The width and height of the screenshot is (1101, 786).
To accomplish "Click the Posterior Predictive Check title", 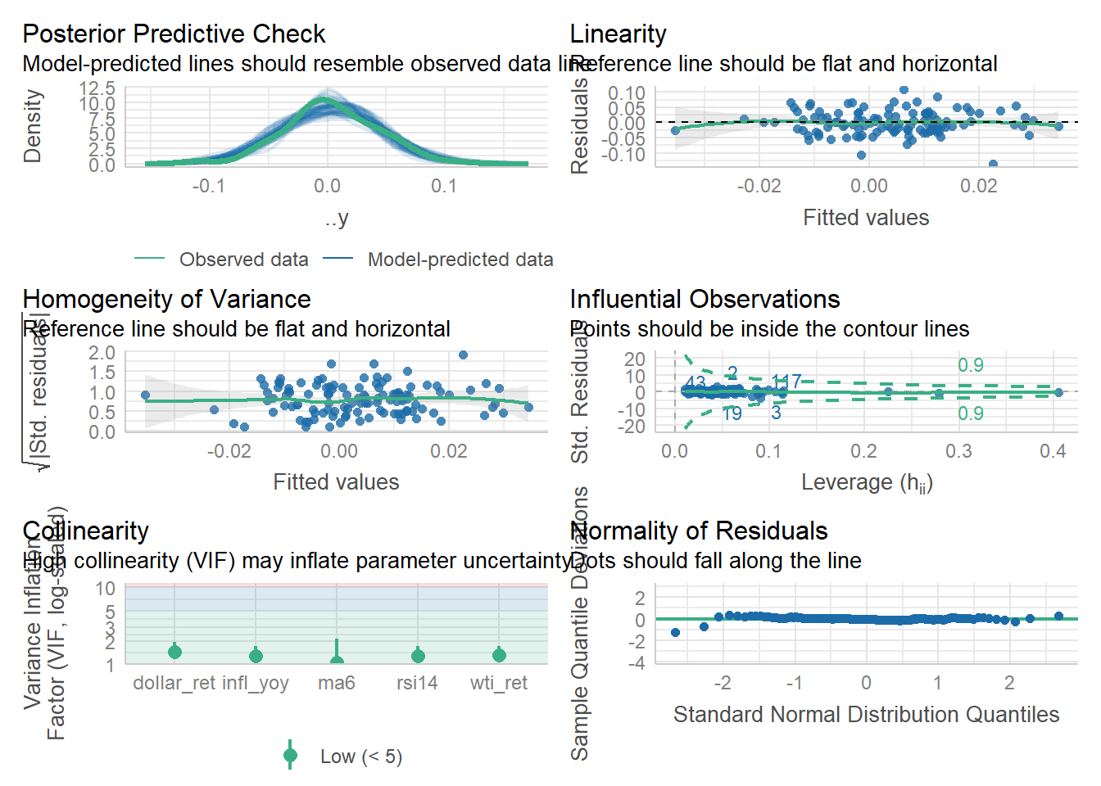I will [x=174, y=34].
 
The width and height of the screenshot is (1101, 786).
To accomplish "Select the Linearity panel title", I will [x=618, y=34].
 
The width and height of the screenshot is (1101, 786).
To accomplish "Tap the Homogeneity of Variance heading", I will [x=166, y=300].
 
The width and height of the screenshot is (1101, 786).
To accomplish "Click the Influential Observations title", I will [x=705, y=300].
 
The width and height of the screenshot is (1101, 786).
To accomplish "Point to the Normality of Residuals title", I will [x=699, y=531].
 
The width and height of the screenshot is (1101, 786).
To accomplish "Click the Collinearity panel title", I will [x=85, y=531].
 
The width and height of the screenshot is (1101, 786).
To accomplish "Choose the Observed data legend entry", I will [x=243, y=260].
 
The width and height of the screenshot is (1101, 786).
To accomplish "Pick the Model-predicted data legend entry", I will [x=460, y=260].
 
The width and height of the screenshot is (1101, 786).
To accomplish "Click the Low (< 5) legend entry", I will [x=360, y=757].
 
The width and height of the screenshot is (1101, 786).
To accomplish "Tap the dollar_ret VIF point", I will [x=174, y=652].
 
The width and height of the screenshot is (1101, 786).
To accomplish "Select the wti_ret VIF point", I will [x=499, y=655].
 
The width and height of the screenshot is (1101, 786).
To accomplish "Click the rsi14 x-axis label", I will [x=417, y=683].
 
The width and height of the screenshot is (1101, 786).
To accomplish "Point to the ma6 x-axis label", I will [x=337, y=683].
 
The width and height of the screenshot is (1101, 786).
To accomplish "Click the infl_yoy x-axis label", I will [x=256, y=683].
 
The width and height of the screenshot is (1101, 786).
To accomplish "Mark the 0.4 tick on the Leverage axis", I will [x=1053, y=451].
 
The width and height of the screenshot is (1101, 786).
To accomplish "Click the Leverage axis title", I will [x=866, y=483].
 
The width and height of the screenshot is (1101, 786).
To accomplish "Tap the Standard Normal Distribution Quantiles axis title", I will [x=866, y=715].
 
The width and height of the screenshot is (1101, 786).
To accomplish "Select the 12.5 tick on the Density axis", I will [x=97, y=88].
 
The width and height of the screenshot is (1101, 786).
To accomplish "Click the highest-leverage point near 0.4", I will [x=1058, y=393].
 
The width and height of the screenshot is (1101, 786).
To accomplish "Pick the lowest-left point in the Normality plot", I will [x=675, y=632].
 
